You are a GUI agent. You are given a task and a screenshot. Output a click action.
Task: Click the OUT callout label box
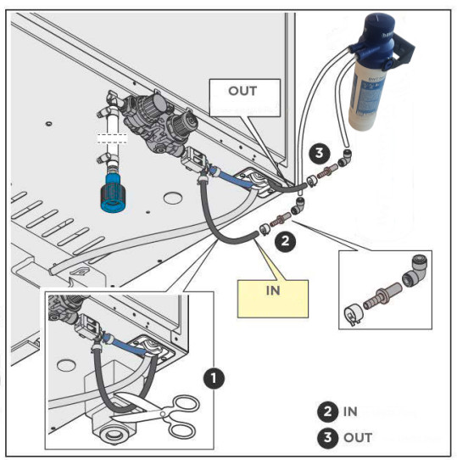245,98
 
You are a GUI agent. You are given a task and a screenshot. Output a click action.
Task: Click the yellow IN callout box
273,299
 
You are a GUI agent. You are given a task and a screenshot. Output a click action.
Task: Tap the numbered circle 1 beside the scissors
214,379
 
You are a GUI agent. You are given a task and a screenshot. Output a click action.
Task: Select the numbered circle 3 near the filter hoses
319,153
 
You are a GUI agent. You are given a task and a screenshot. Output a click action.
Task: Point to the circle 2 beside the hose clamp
285,241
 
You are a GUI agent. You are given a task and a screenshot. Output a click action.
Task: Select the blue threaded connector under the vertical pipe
113,194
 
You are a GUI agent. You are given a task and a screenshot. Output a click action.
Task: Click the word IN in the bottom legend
350,412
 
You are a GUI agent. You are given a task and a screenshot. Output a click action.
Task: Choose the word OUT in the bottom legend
358,438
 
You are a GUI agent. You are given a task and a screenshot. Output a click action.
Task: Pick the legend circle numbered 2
328,412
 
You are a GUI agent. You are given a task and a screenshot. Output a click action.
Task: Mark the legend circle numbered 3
328,438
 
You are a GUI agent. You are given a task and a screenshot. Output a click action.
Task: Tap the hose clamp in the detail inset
354,314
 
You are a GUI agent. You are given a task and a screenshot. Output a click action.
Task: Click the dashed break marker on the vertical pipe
112,138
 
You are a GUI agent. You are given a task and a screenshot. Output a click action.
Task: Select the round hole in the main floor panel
173,198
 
